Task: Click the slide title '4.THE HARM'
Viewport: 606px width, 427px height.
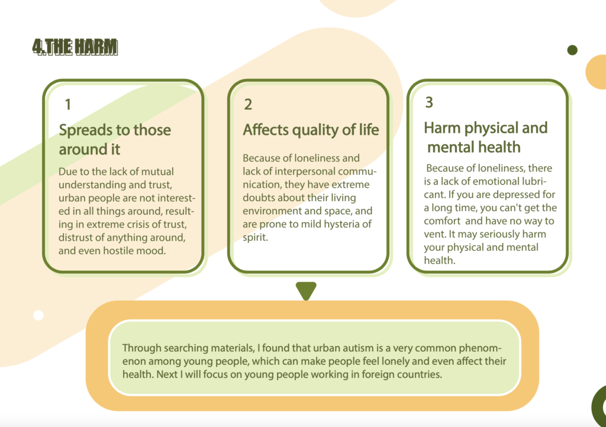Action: pyautogui.click(x=75, y=47)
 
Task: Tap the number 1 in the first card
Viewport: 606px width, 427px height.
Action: pyautogui.click(x=68, y=104)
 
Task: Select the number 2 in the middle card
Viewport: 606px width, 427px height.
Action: pyautogui.click(x=248, y=104)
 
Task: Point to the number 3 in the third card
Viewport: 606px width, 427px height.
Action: pyautogui.click(x=429, y=102)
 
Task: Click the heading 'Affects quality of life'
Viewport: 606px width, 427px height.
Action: pyautogui.click(x=311, y=130)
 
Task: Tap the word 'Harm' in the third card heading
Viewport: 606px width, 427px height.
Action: pyautogui.click(x=442, y=128)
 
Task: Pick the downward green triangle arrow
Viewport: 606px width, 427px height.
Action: pyautogui.click(x=306, y=290)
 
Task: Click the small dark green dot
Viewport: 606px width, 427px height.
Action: pyautogui.click(x=572, y=50)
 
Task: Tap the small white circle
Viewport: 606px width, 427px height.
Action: pyautogui.click(x=38, y=315)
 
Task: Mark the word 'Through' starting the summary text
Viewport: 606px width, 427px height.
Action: pyautogui.click(x=142, y=348)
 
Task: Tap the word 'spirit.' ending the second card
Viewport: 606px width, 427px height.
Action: pyautogui.click(x=256, y=237)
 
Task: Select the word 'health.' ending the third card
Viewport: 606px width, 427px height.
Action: pyautogui.click(x=440, y=260)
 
